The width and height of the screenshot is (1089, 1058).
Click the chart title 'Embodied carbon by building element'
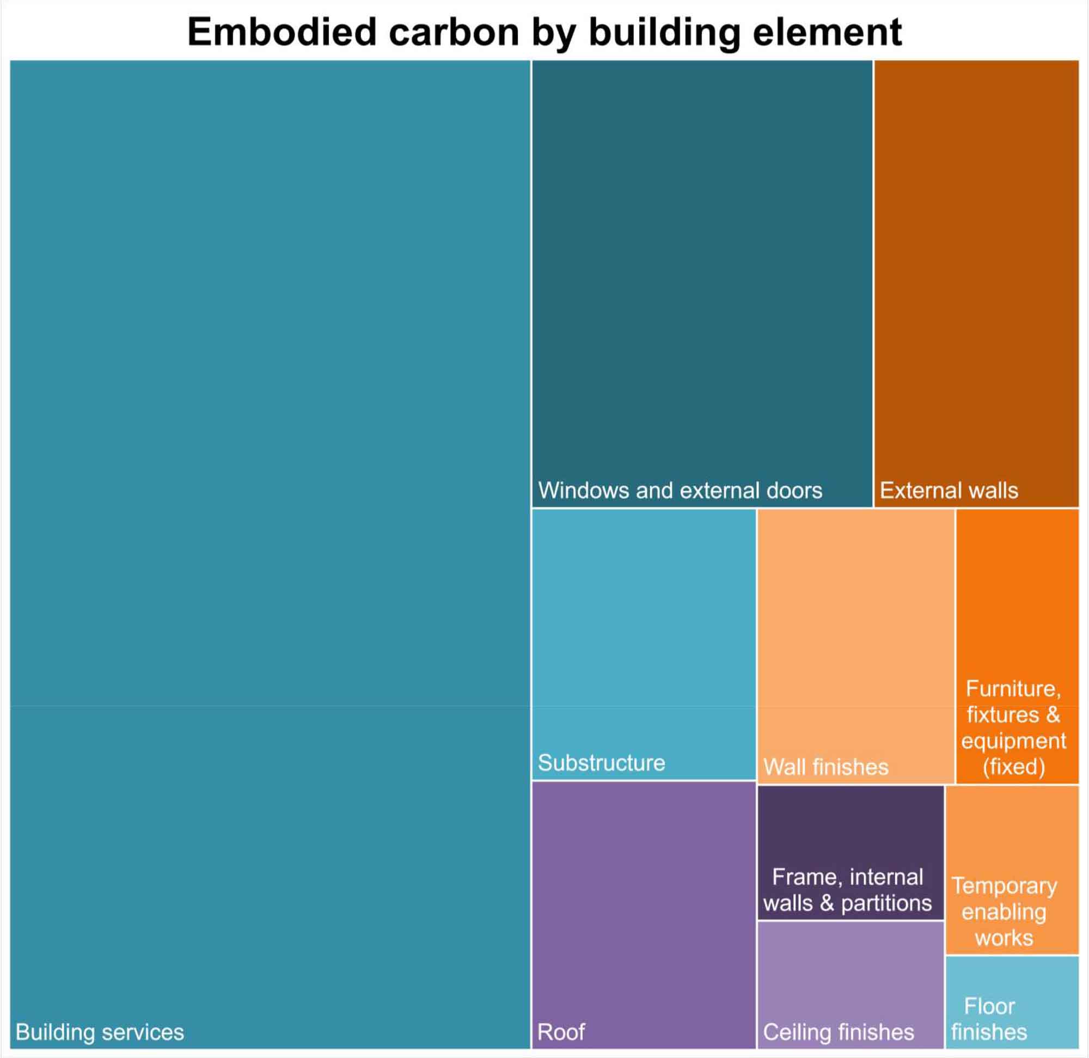(544, 32)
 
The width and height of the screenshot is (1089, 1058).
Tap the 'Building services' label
(100, 1032)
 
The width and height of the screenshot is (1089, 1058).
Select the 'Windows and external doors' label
(680, 490)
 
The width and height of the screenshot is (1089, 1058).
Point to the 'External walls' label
(949, 490)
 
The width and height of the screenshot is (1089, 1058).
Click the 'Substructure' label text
(601, 762)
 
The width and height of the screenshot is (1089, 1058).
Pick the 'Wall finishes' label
(825, 767)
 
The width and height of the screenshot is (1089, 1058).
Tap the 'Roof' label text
(561, 1032)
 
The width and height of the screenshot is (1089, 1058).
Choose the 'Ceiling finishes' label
(839, 1032)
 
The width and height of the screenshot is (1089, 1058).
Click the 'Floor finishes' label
(989, 1019)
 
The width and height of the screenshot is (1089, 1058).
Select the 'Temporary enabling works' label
(1004, 912)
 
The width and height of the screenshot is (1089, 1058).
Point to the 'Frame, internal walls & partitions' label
(847, 890)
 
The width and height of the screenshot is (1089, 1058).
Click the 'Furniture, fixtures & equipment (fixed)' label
(1013, 727)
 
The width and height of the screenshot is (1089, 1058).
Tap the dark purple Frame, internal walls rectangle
(850, 822)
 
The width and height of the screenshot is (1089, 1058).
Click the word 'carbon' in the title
(454, 32)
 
